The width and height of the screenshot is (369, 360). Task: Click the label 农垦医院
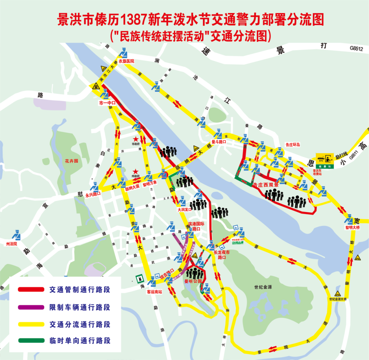[x=126, y=61]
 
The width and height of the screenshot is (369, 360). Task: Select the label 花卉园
[x=72, y=160]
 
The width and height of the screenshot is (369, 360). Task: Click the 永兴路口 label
[x=93, y=195]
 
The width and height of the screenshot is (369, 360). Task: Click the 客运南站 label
[x=154, y=292]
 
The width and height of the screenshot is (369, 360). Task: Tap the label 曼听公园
[x=191, y=282]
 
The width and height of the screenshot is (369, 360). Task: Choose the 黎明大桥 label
[x=353, y=227]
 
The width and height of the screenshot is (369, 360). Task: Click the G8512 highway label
[x=356, y=49]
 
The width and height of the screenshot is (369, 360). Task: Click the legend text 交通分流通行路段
[x=80, y=324]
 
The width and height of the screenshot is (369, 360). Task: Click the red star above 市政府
[x=136, y=139]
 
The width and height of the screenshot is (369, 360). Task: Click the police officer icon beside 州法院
[x=16, y=235]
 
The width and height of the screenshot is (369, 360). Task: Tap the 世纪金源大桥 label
[x=338, y=299]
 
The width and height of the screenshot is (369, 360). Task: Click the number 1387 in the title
[x=134, y=20]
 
